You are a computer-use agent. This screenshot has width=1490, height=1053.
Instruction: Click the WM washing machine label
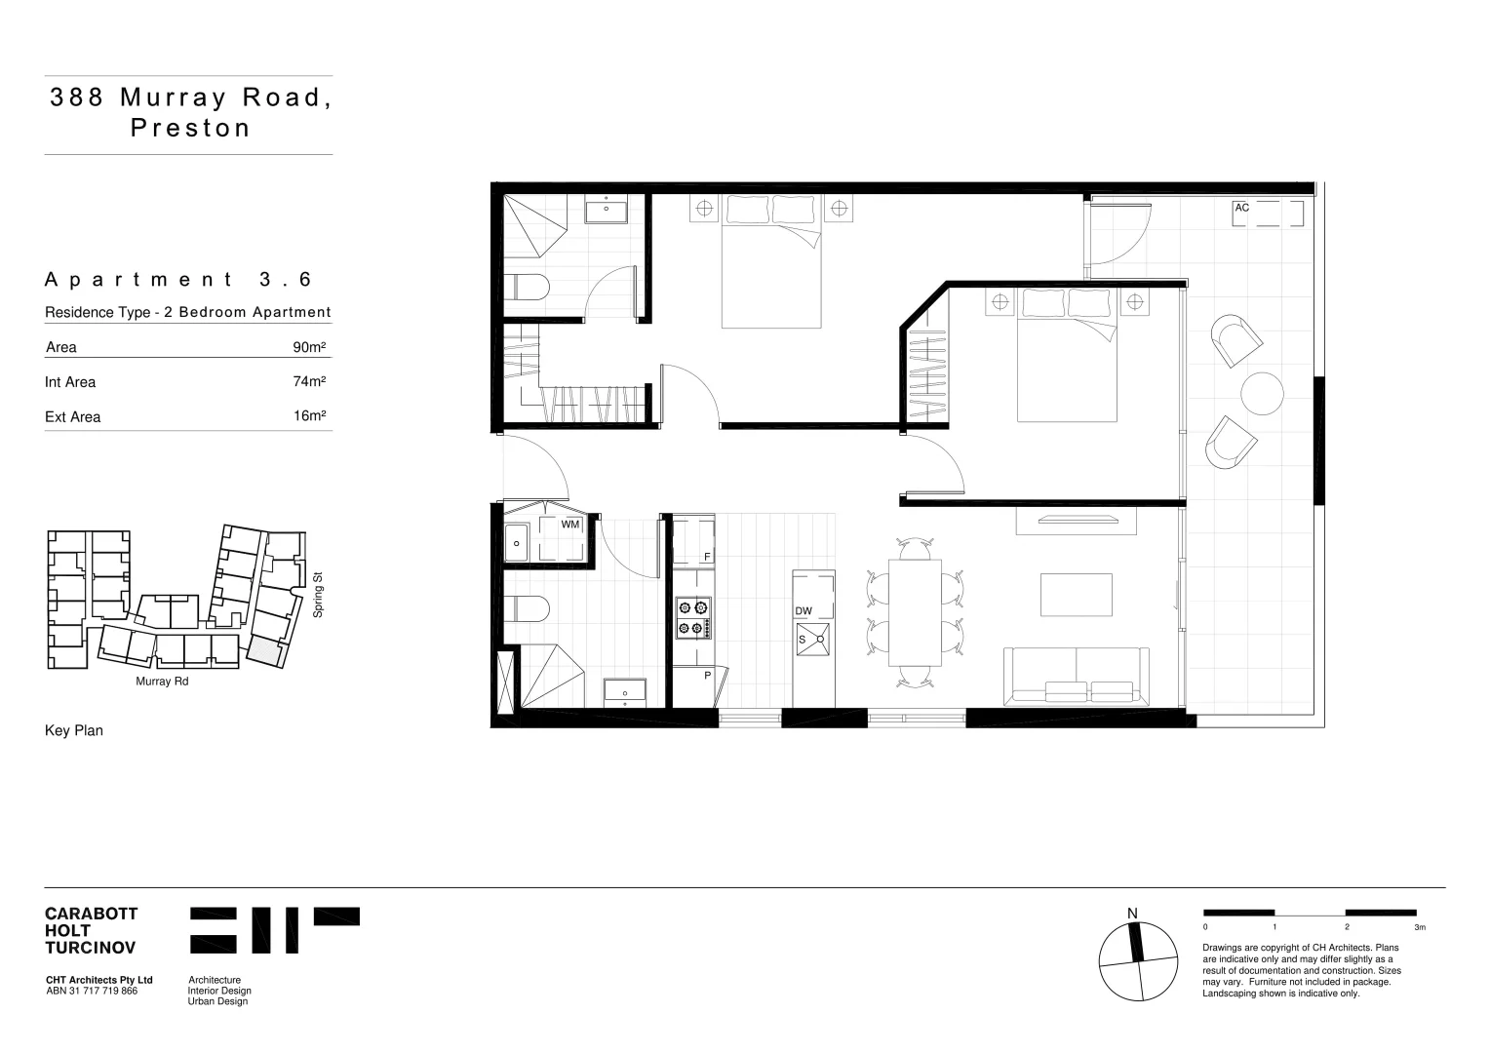(x=570, y=525)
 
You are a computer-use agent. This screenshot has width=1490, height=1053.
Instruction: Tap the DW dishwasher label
(x=804, y=611)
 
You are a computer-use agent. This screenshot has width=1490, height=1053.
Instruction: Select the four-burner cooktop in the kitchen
(x=693, y=618)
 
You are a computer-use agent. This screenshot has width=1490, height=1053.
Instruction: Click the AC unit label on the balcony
(x=1241, y=208)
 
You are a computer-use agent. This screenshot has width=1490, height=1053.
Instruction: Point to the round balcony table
(x=1262, y=393)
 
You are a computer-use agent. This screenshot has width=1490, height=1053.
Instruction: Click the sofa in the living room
(x=1077, y=675)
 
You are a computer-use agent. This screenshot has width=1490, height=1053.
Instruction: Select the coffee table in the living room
(x=1077, y=595)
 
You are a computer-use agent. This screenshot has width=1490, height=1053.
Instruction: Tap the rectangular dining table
(x=915, y=612)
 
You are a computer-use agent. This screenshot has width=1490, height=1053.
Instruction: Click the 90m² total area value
(x=309, y=347)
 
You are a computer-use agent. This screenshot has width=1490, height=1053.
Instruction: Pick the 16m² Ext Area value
(x=309, y=416)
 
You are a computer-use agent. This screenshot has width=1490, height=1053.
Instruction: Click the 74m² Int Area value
(x=309, y=381)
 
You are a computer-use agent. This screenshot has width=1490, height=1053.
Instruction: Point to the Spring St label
(x=318, y=595)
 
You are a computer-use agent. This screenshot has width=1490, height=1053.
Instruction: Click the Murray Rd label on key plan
(x=162, y=682)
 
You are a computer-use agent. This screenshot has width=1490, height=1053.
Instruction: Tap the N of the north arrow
(x=1132, y=914)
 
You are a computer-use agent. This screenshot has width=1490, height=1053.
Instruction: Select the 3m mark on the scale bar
(x=1419, y=927)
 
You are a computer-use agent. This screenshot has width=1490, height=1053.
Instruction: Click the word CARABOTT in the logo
(x=92, y=914)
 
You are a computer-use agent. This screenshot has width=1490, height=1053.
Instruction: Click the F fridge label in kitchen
(x=707, y=557)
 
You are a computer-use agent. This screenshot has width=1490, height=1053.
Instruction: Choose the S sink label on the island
(x=803, y=640)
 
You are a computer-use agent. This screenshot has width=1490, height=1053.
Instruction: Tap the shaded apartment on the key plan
(x=263, y=648)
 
